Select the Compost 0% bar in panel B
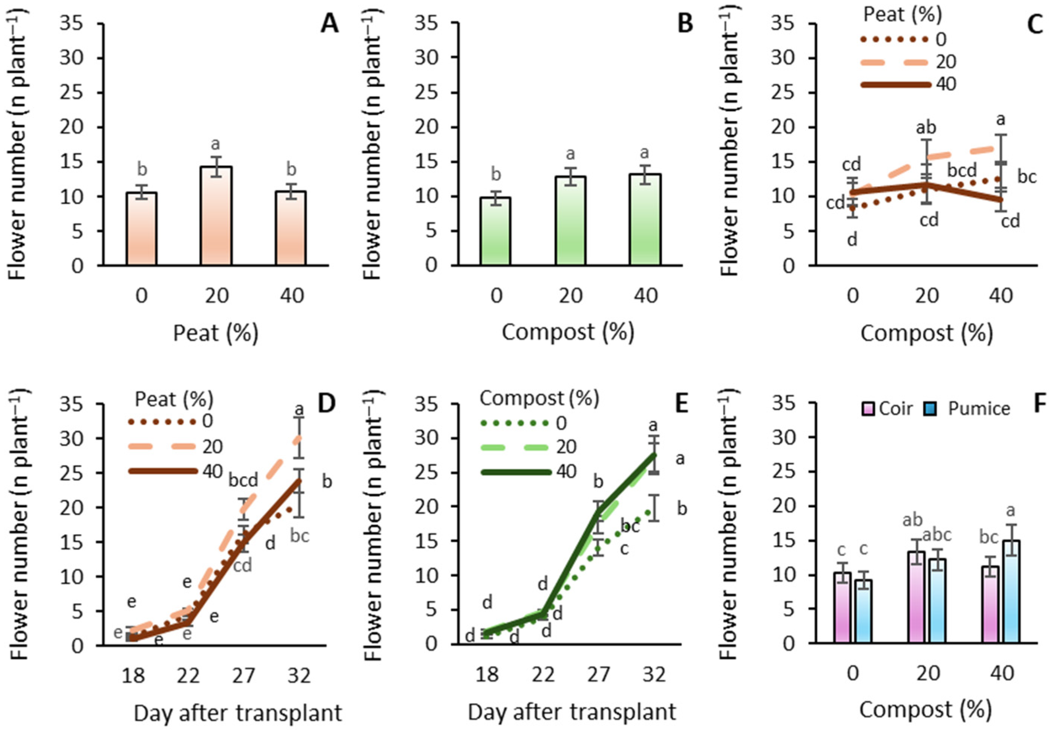pyautogui.click(x=496, y=231)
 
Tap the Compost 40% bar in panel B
pyautogui.click(x=645, y=220)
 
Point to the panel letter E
pyautogui.click(x=681, y=403)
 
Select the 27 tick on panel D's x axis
pyautogui.click(x=243, y=675)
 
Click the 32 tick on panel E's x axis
pyautogui.click(x=654, y=674)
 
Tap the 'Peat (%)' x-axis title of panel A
pyautogui.click(x=216, y=333)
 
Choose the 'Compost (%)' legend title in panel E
pyautogui.click(x=539, y=399)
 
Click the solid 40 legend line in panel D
pyautogui.click(x=162, y=471)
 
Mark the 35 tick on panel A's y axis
pyautogui.click(x=71, y=24)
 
